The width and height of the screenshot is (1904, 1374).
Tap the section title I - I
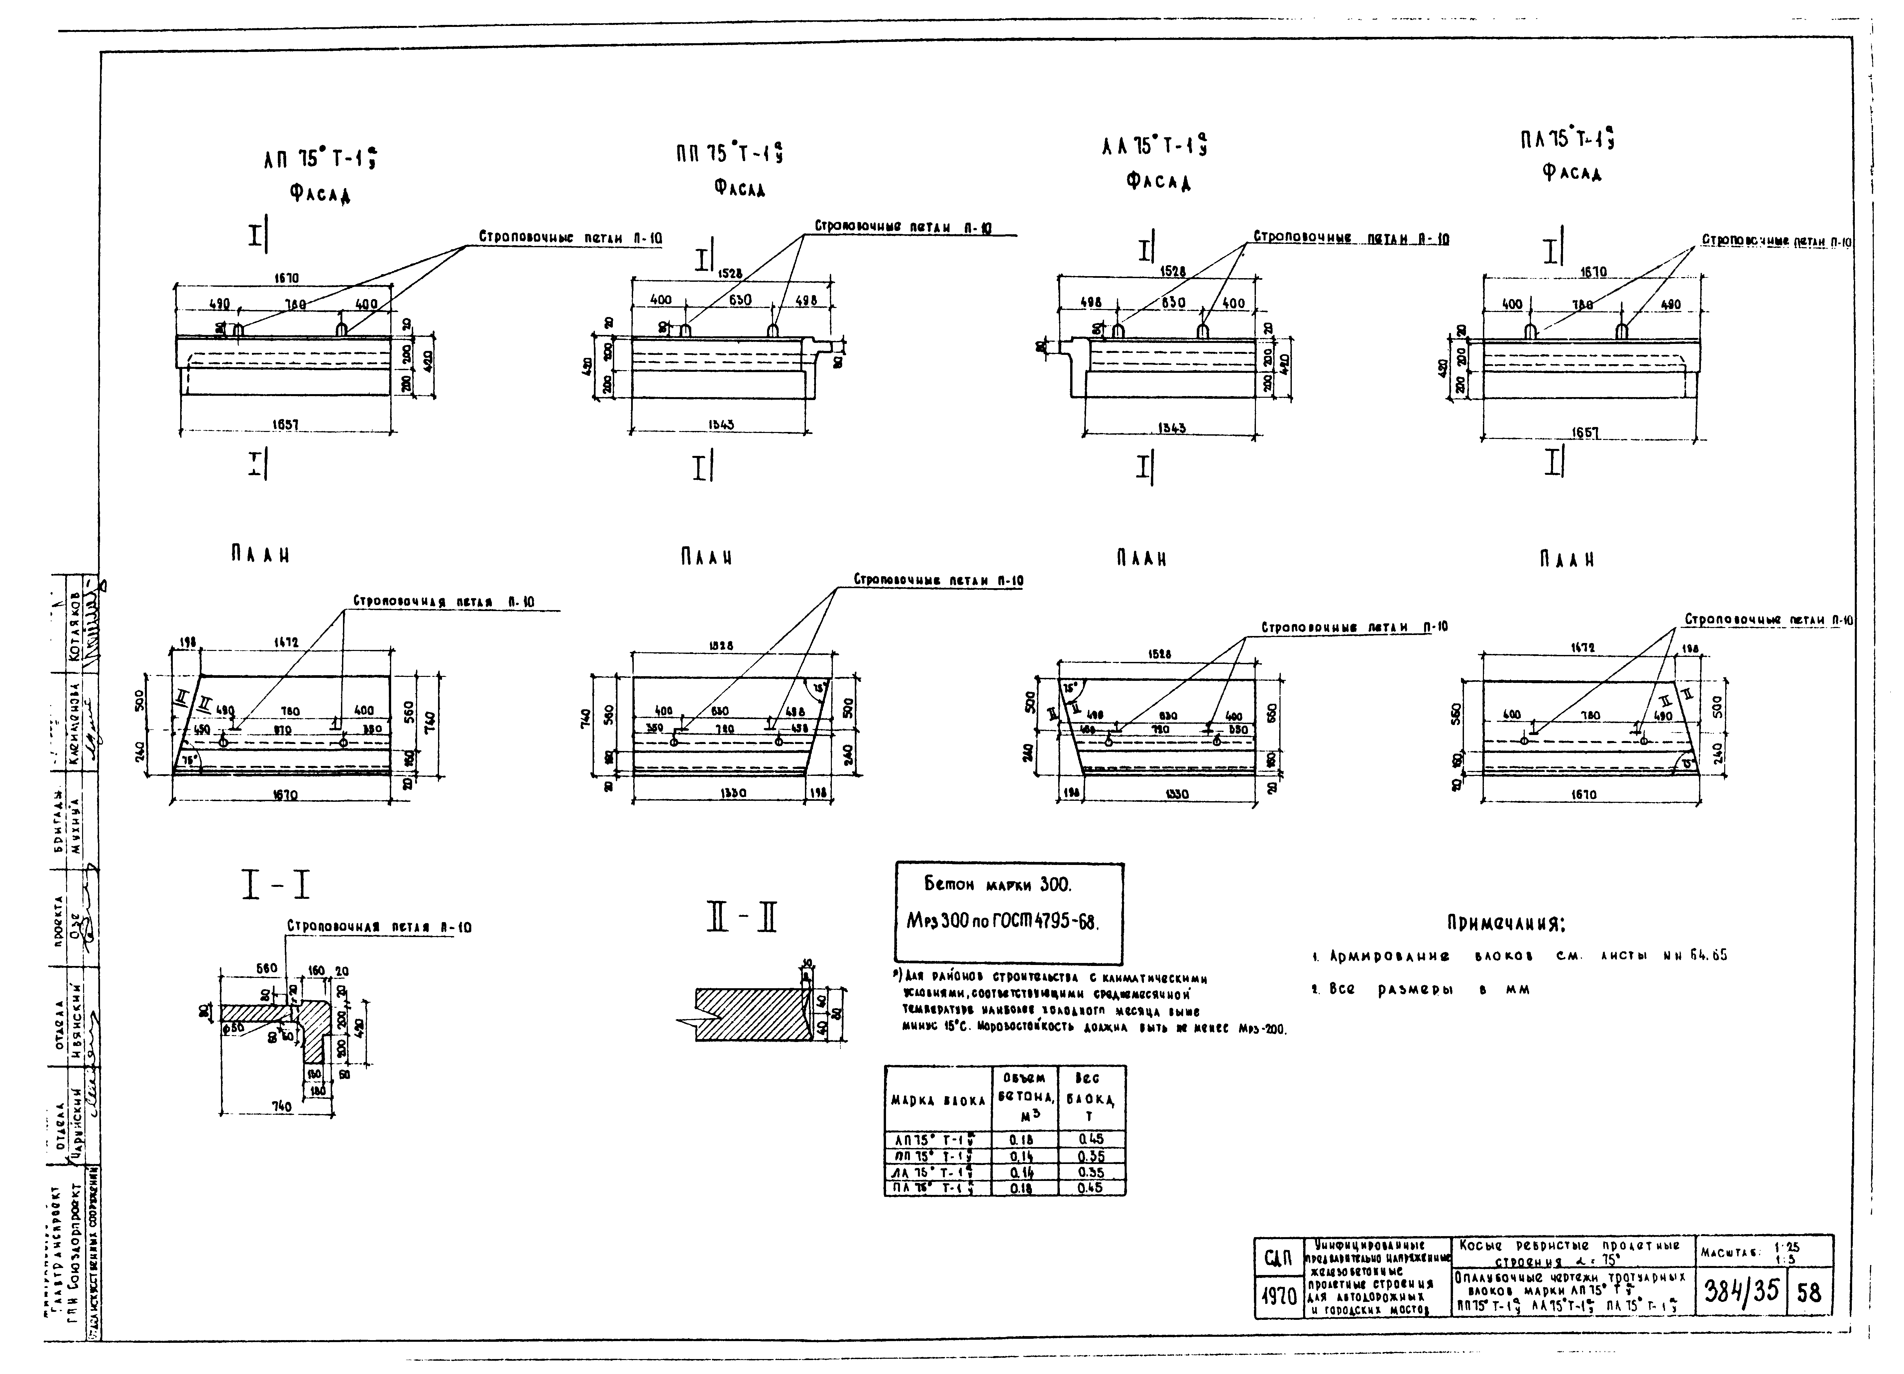click(276, 886)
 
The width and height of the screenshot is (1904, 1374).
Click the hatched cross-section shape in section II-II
click(747, 1014)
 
